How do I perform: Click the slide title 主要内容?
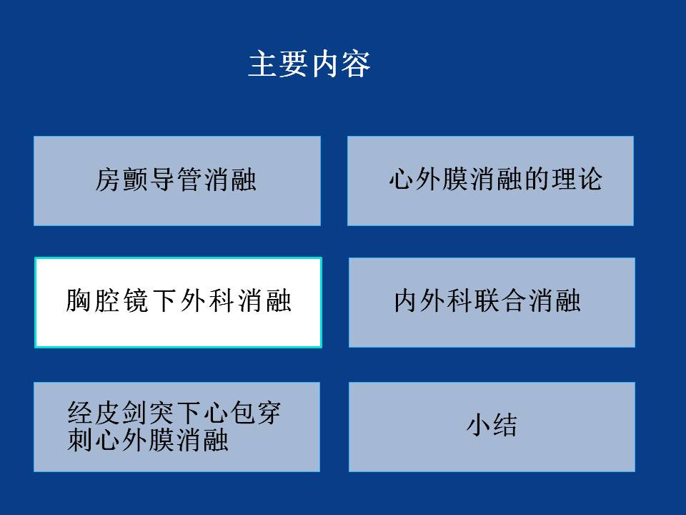point(309,64)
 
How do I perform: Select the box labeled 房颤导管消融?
point(177,181)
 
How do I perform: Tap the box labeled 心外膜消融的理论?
point(490,181)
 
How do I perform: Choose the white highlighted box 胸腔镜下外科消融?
point(178,303)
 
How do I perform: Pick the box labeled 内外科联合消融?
point(492,303)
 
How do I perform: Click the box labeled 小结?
point(492,427)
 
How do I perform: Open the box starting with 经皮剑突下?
point(177,427)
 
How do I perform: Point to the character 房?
point(108,180)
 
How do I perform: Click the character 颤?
point(135,180)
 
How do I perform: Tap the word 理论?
point(577,179)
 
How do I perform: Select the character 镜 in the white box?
point(136,300)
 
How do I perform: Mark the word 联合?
point(500,300)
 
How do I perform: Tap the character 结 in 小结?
point(505,425)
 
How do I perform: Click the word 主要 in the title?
point(278,64)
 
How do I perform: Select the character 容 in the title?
point(356,64)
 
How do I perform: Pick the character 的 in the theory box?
point(537,179)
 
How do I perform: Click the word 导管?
point(176,180)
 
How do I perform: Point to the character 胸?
point(79,300)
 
